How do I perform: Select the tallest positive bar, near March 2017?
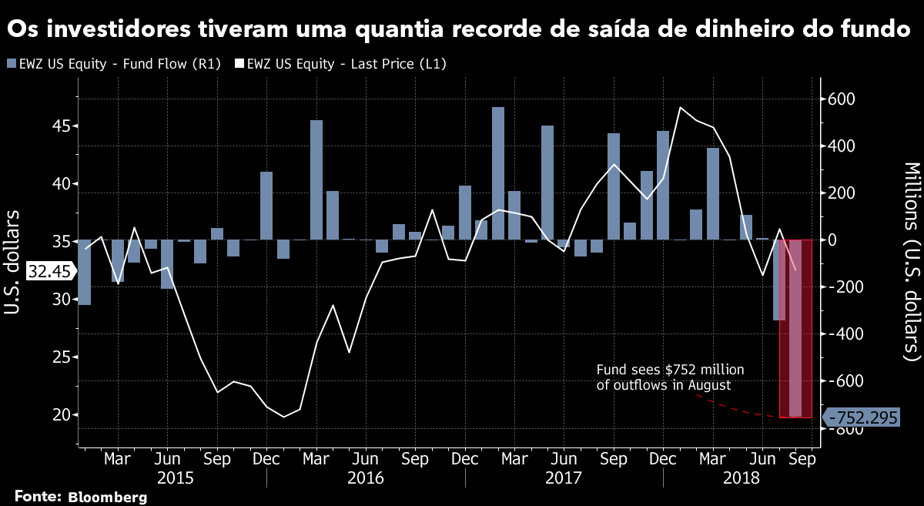pyautogui.click(x=498, y=173)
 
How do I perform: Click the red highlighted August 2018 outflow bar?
pyautogui.click(x=795, y=328)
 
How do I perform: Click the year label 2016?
pyautogui.click(x=366, y=478)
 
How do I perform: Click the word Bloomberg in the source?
pyautogui.click(x=107, y=497)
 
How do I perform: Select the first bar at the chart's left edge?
pyautogui.click(x=84, y=272)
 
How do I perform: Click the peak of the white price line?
pyautogui.click(x=680, y=107)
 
